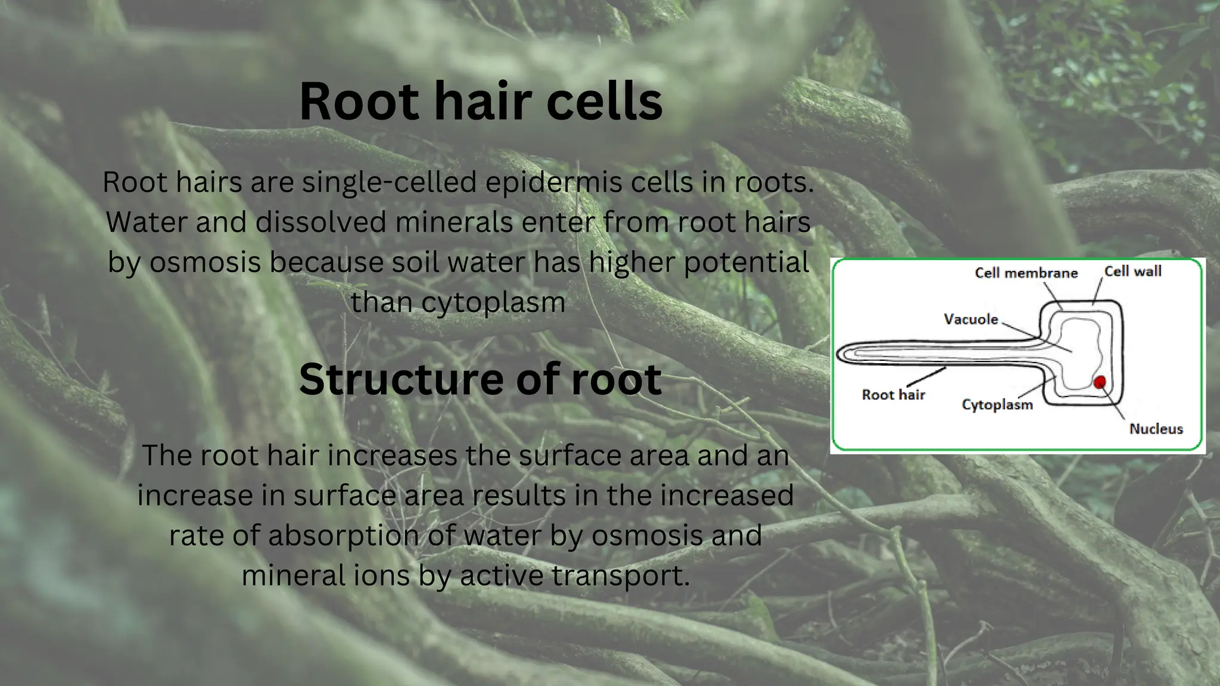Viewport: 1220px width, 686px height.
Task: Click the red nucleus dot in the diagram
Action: [x=1100, y=382]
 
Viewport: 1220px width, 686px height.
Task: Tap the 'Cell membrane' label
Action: [x=1026, y=273]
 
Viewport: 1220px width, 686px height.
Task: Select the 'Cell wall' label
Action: [x=1132, y=272]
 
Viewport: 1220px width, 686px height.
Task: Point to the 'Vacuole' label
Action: [x=970, y=320]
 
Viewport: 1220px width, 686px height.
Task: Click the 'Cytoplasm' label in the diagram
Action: [x=997, y=405]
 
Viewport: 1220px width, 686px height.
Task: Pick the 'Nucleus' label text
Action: [x=1156, y=429]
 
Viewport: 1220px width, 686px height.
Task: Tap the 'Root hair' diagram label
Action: [x=893, y=395]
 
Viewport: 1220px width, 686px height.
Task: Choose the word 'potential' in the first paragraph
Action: [x=746, y=263]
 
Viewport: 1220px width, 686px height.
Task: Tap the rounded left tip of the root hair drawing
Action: [x=839, y=354]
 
